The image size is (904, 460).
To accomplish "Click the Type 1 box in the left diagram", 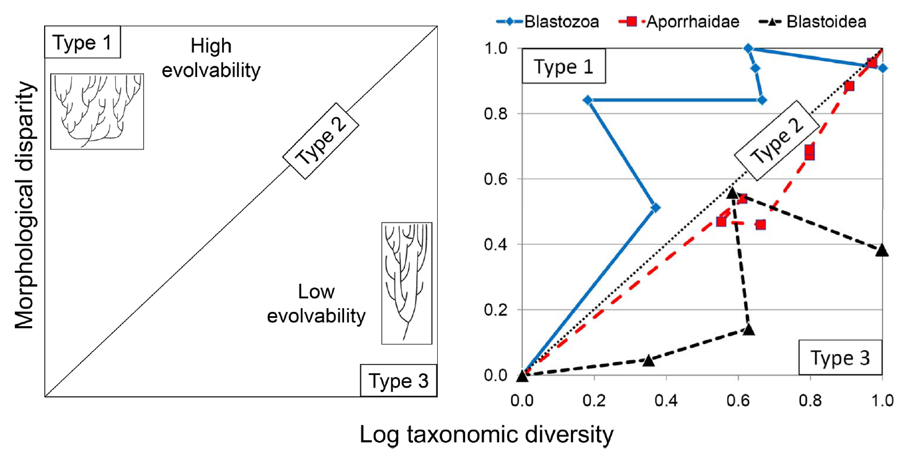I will point(82,43).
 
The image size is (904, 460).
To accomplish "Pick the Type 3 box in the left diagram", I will point(399,380).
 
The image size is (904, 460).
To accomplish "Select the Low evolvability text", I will point(316,304).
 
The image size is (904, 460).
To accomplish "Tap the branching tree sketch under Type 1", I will point(97,111).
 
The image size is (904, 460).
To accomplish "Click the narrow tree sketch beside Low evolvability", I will point(406,283).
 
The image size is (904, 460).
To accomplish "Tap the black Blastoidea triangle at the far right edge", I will point(882,250).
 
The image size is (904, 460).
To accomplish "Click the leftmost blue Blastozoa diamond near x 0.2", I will point(588,100).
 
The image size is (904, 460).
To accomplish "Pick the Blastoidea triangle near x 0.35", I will point(648,360).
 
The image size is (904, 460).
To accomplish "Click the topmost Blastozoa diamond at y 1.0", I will point(748,48).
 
